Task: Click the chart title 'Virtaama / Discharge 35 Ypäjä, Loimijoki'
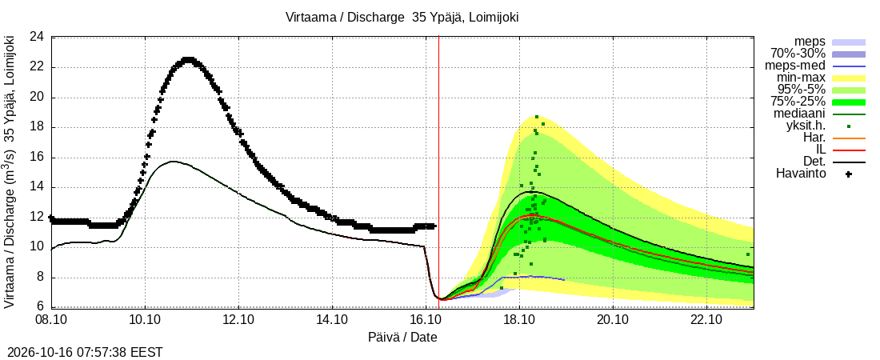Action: pyautogui.click(x=402, y=18)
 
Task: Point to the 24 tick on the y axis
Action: pyautogui.click(x=37, y=38)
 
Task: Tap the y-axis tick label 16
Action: pyautogui.click(x=37, y=158)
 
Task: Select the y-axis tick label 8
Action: pyautogui.click(x=41, y=278)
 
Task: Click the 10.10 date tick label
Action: pyautogui.click(x=145, y=321)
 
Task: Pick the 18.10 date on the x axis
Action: pyautogui.click(x=520, y=321)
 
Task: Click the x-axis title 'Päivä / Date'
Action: pyautogui.click(x=402, y=338)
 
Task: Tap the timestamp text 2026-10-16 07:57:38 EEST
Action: pyautogui.click(x=82, y=353)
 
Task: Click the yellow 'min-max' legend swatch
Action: pyautogui.click(x=849, y=78)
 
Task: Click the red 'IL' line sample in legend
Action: pyautogui.click(x=849, y=150)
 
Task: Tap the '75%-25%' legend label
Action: pyautogui.click(x=798, y=102)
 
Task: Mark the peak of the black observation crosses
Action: pyautogui.click(x=188, y=59)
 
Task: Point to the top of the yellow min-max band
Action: pyautogui.click(x=538, y=116)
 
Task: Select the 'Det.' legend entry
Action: pyautogui.click(x=815, y=162)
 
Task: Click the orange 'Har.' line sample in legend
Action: pyautogui.click(x=849, y=138)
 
